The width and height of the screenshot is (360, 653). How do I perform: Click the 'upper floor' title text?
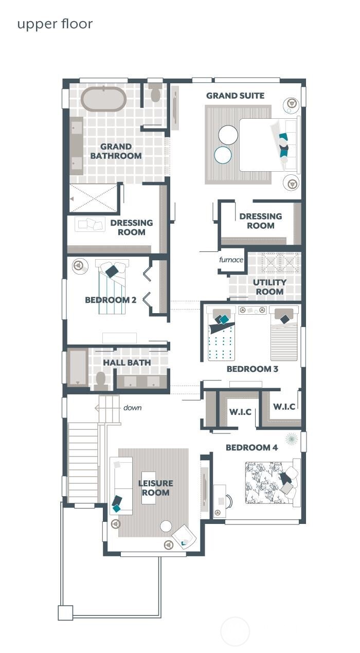point(55,24)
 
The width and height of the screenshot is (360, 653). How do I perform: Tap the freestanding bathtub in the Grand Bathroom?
point(103,99)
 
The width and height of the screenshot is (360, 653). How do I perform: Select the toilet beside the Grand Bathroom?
point(155,93)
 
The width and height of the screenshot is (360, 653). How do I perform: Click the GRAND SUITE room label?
point(235,96)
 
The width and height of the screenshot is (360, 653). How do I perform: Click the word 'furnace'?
point(231,260)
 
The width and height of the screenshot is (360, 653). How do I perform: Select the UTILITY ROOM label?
point(269,287)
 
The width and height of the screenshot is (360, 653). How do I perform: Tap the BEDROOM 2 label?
point(111,300)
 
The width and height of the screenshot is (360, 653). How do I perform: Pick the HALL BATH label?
point(127,362)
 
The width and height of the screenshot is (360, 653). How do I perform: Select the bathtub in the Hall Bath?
point(78,367)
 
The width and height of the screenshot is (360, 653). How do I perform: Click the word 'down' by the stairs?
point(132,408)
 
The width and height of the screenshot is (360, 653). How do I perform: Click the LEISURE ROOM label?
point(155,488)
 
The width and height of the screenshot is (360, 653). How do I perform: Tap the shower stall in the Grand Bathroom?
point(94,198)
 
